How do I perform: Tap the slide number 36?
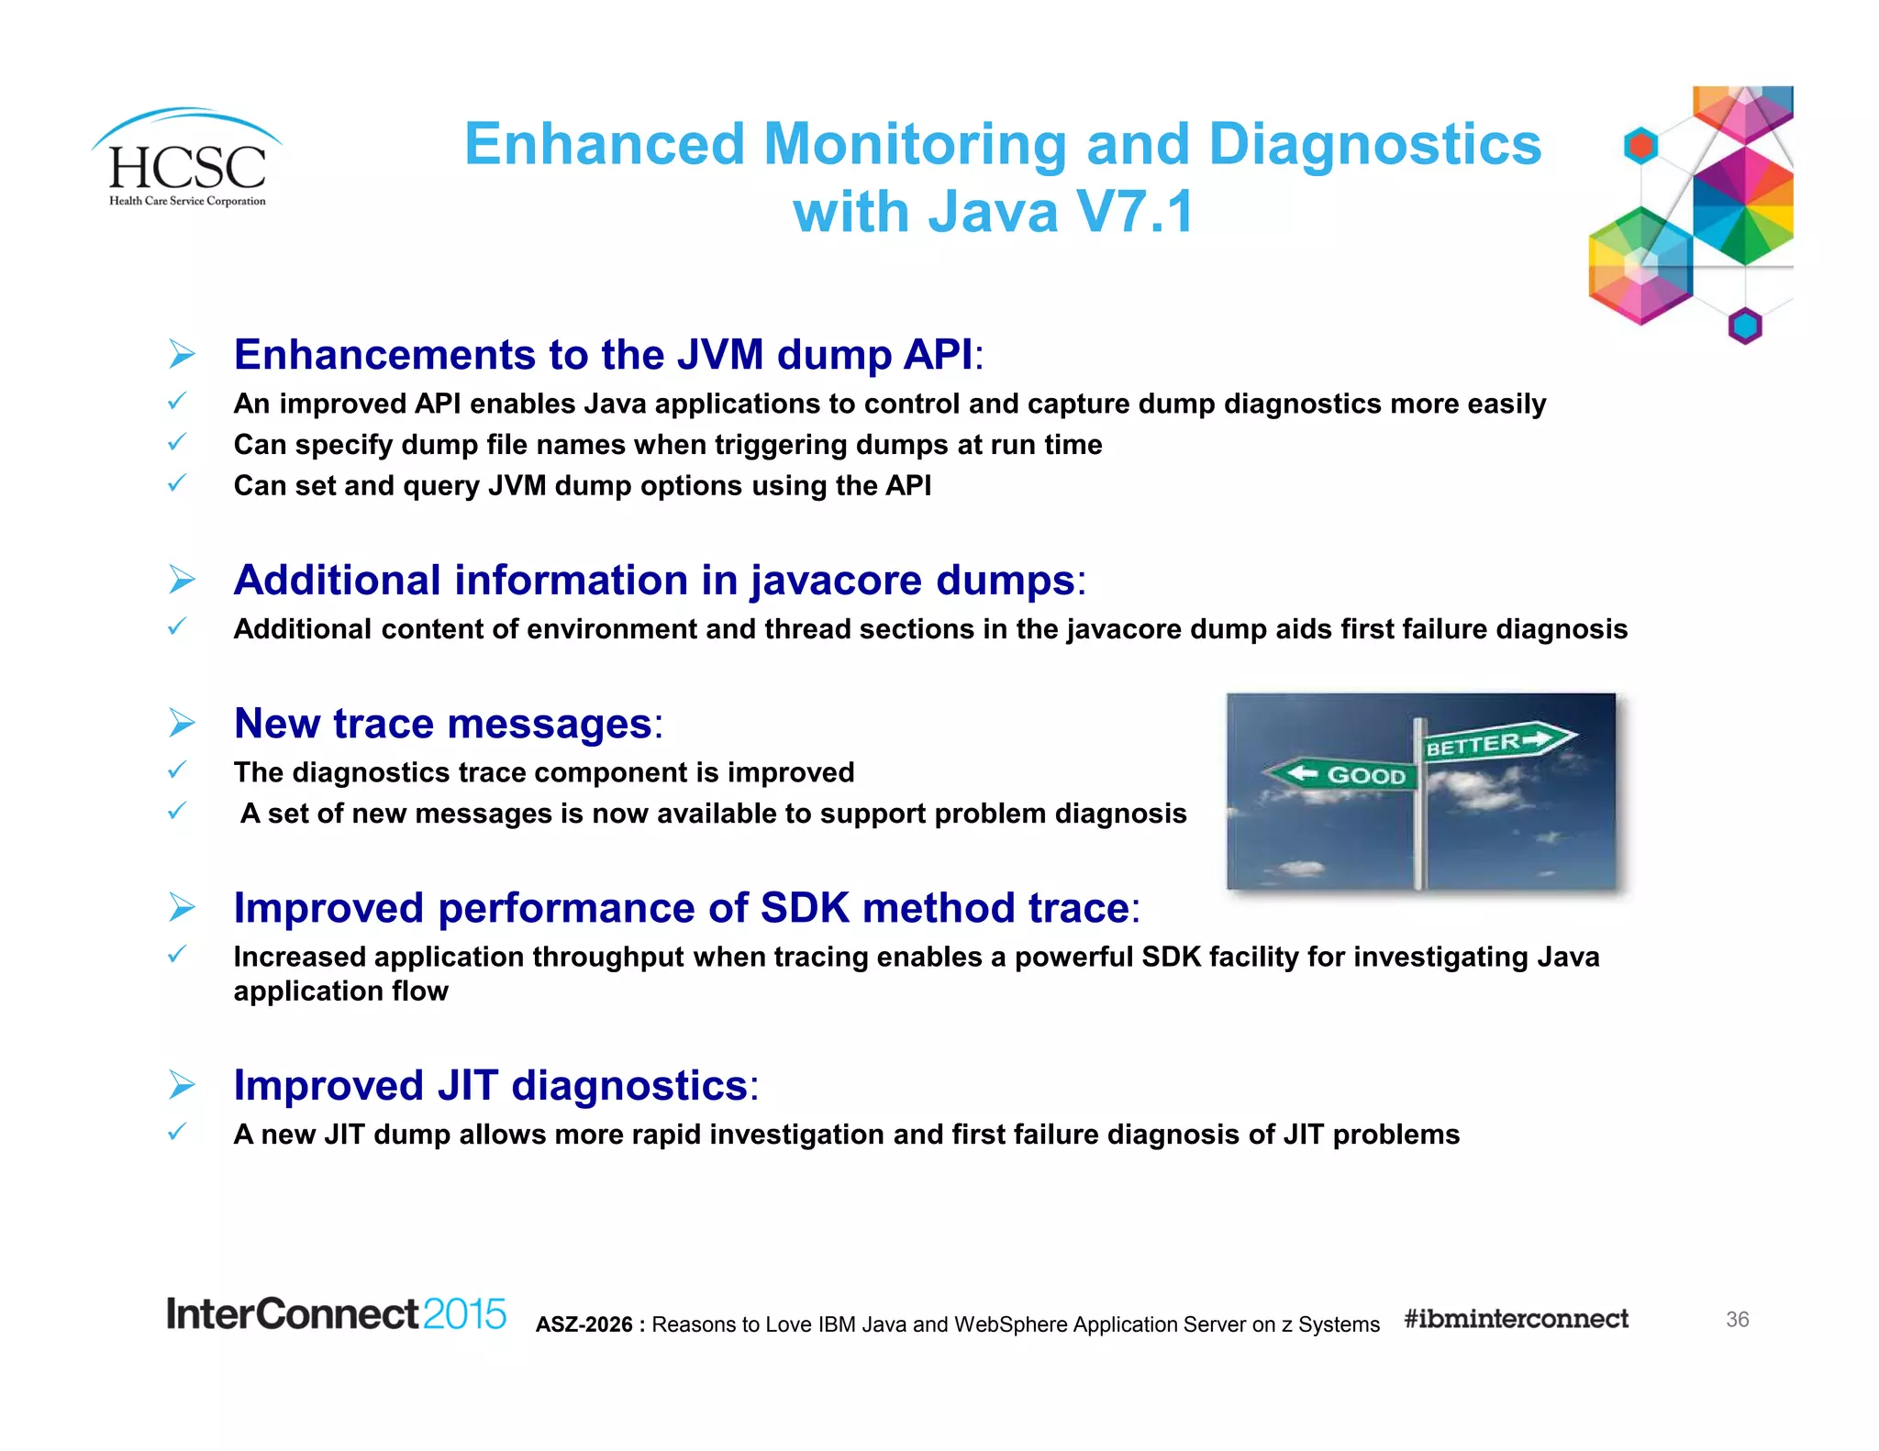[x=1737, y=1319]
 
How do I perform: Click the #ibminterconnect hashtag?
[x=1516, y=1319]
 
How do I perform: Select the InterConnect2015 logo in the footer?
[x=336, y=1314]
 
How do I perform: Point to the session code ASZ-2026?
[x=584, y=1324]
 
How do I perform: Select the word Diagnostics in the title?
[x=1374, y=145]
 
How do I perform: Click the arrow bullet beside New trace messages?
[x=183, y=724]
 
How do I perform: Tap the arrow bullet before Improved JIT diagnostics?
[x=183, y=1085]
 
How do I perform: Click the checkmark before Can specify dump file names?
[x=177, y=443]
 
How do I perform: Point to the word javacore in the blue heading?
[x=837, y=582]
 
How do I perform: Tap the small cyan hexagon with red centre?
[x=1640, y=146]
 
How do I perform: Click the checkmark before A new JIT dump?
[x=177, y=1133]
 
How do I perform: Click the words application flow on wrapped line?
[x=340, y=991]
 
